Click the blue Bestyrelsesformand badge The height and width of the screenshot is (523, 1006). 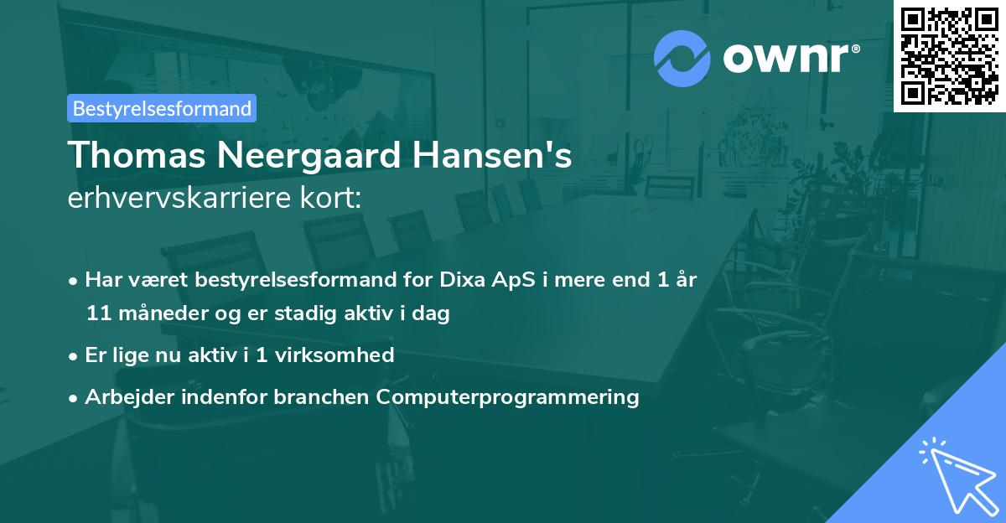pyautogui.click(x=162, y=108)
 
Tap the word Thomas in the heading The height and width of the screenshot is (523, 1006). pyautogui.click(x=137, y=155)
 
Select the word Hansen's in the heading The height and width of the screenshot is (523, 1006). pyautogui.click(x=492, y=155)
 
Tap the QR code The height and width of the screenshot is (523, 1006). pyautogui.click(x=949, y=56)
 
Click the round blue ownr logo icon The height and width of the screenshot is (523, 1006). pyautogui.click(x=682, y=59)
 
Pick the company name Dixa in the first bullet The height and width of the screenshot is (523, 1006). pyautogui.click(x=463, y=279)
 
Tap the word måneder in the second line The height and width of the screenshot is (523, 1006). pyautogui.click(x=163, y=313)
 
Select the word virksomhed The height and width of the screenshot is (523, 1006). pyautogui.click(x=334, y=355)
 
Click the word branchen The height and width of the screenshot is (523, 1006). pyautogui.click(x=321, y=396)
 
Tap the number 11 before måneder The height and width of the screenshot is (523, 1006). pyautogui.click(x=98, y=313)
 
